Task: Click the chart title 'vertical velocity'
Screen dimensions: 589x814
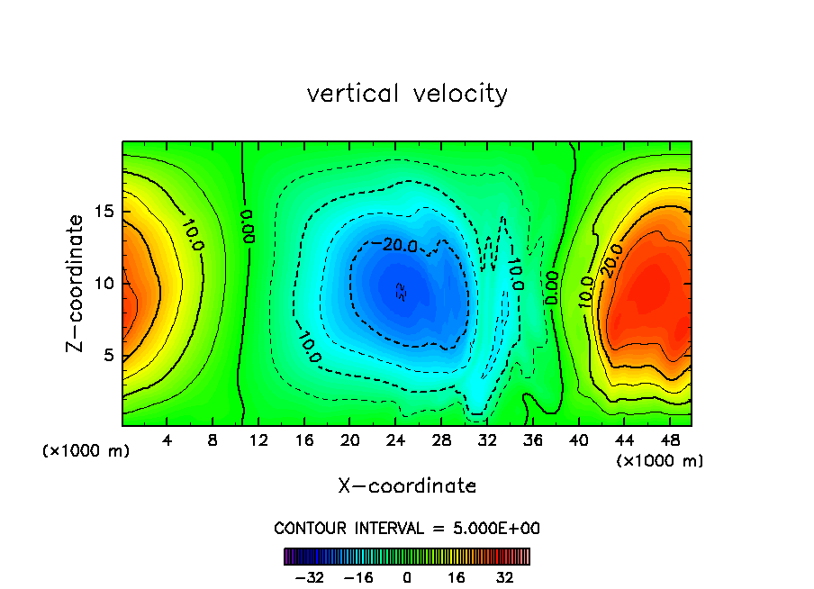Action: [407, 94]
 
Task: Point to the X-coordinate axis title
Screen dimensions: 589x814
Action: [407, 486]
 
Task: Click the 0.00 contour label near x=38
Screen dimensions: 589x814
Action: [552, 287]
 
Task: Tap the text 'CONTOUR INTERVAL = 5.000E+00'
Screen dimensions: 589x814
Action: [407, 528]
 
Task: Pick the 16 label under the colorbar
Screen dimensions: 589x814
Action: [456, 577]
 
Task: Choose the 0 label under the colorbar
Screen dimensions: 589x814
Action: [407, 577]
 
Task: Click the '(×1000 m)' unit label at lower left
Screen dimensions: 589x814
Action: [86, 451]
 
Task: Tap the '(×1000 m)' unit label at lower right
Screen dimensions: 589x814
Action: [660, 461]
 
